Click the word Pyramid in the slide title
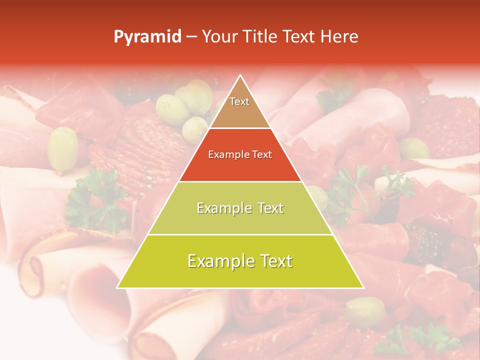click(x=147, y=37)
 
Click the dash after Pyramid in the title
click(x=191, y=37)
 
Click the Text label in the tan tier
click(x=239, y=101)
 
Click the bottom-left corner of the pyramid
click(x=117, y=287)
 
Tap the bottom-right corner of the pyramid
click(x=363, y=287)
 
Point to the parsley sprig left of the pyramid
click(x=95, y=200)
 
